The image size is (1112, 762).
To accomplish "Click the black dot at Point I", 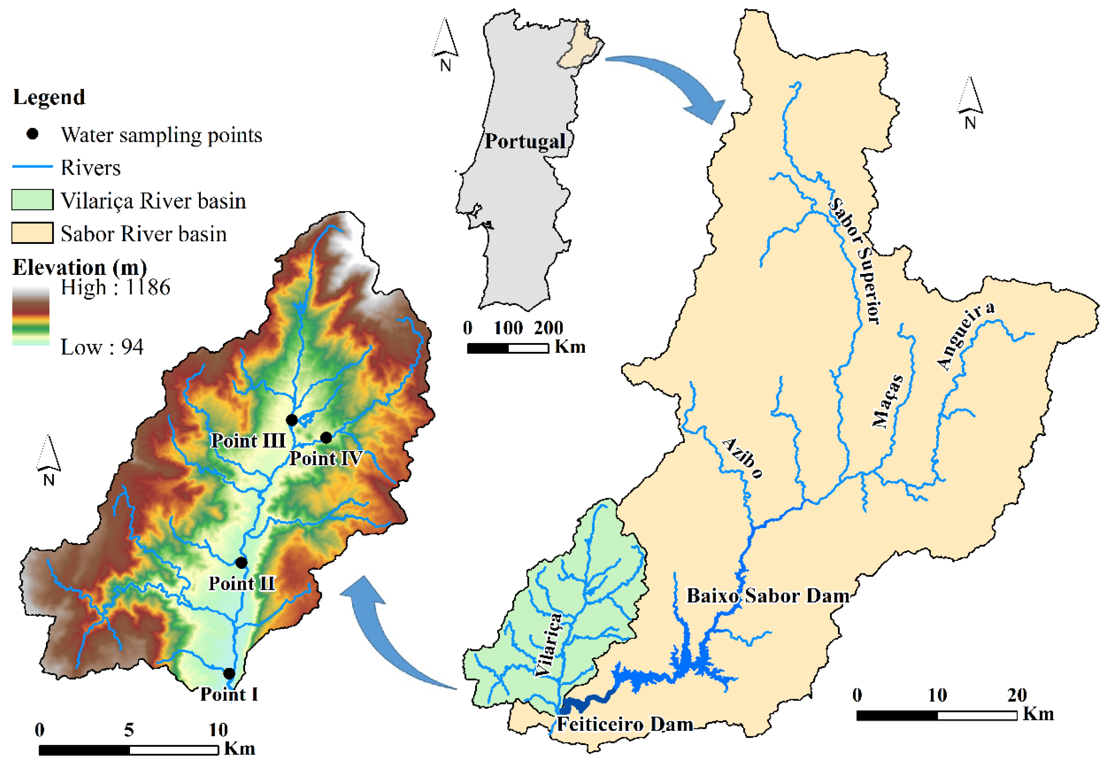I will (x=229, y=674).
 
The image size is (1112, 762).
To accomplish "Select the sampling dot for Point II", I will (x=242, y=563).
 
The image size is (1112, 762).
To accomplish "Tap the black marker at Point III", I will (x=292, y=420).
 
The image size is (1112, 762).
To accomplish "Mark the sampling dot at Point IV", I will (x=326, y=438).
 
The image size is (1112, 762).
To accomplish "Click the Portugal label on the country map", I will (x=525, y=142).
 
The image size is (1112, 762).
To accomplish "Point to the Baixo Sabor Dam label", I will (x=768, y=596).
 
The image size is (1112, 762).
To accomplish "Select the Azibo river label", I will (x=742, y=458).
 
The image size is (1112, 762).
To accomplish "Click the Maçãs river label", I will (x=887, y=401).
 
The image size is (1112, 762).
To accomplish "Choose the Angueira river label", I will (x=965, y=336).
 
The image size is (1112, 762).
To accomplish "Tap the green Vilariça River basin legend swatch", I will (x=33, y=200).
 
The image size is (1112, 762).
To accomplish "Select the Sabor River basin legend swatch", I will (x=33, y=233).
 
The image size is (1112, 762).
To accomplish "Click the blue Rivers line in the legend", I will (x=33, y=167).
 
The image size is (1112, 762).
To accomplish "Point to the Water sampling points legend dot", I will (x=33, y=134).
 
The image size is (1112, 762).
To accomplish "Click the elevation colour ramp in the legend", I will (x=31, y=316).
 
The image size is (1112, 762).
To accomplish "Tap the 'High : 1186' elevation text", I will (x=115, y=288).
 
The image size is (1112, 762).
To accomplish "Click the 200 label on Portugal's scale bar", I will (x=548, y=328).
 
